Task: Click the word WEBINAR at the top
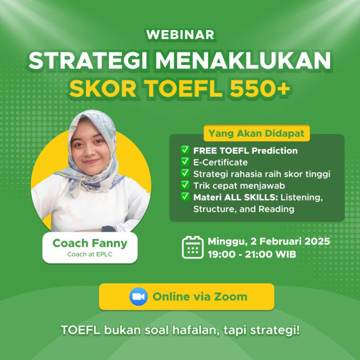pos(180,35)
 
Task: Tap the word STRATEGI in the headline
pos(88,60)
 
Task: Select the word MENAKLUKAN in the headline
pos(243,60)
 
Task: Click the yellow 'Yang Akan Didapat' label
pos(256,133)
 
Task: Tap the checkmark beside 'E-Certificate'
pos(185,162)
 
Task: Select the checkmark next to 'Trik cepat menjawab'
pos(185,185)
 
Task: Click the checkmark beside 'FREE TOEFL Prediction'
pos(185,150)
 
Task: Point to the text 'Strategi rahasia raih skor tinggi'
pos(262,174)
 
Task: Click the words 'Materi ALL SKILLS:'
pos(235,197)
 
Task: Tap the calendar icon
pos(193,247)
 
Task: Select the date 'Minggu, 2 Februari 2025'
pos(269,241)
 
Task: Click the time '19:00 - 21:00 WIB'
pos(252,254)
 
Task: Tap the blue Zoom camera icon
pos(139,297)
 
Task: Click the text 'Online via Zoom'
pos(200,297)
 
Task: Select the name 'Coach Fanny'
pos(90,243)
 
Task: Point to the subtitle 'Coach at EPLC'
pos(90,254)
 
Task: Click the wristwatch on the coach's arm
pos(108,229)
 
